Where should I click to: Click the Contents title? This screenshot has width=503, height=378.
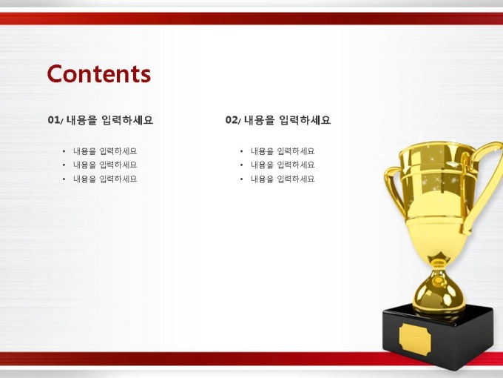click(99, 74)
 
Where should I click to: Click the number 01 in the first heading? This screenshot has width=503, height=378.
click(53, 120)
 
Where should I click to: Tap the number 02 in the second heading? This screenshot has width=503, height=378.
click(231, 120)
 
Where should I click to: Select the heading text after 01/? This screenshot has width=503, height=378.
click(109, 120)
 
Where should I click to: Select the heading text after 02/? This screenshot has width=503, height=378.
click(288, 120)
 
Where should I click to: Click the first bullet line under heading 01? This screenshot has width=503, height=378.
click(105, 151)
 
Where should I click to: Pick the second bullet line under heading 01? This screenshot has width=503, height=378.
click(105, 165)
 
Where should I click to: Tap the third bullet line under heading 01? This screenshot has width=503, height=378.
click(105, 179)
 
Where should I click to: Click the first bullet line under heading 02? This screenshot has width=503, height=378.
click(283, 151)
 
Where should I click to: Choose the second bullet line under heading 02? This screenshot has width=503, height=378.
click(283, 165)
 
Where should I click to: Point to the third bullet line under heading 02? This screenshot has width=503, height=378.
click(283, 179)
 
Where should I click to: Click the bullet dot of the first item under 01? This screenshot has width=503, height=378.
click(64, 151)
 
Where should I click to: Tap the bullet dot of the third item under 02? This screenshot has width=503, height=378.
click(242, 179)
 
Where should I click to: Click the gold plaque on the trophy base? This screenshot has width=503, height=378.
click(415, 339)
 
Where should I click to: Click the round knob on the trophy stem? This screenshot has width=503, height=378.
click(439, 281)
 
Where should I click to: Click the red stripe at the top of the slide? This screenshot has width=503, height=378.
click(251, 19)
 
